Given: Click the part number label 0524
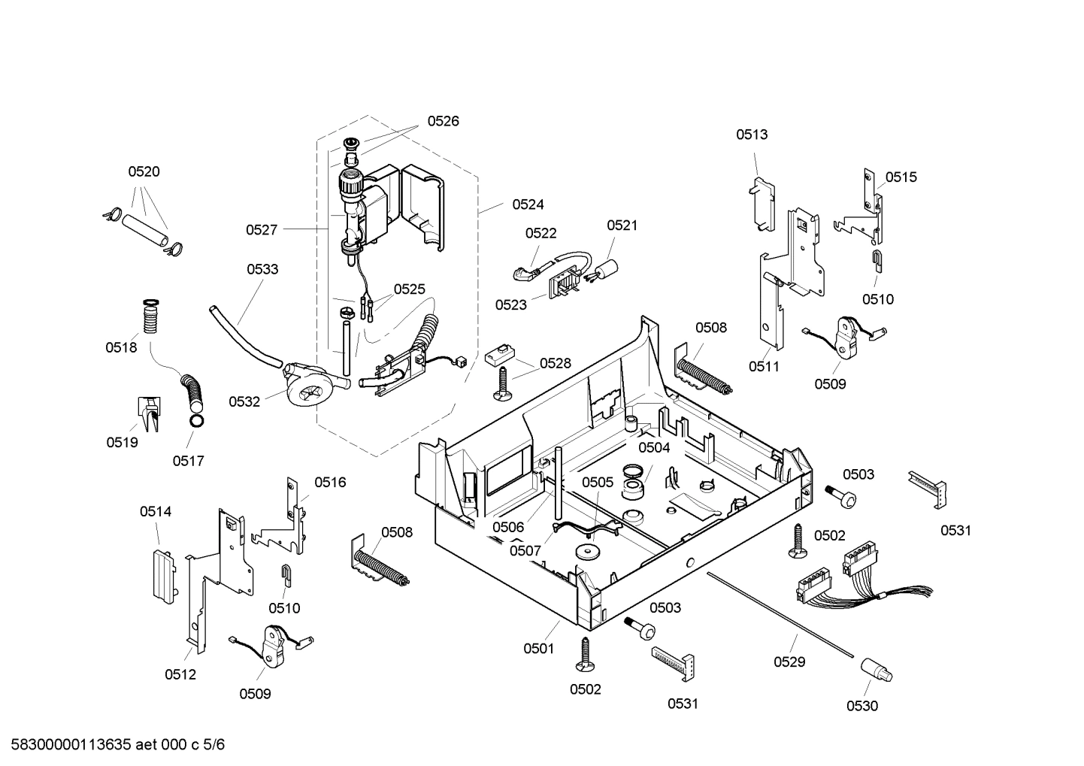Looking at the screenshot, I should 528,204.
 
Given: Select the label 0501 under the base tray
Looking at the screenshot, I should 538,648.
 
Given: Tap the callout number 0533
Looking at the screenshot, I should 262,269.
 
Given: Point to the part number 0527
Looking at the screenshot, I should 262,230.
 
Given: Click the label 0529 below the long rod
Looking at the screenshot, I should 789,662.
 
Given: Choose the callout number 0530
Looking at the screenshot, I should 861,705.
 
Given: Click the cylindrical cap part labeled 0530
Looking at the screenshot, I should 875,668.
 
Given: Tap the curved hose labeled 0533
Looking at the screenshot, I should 241,335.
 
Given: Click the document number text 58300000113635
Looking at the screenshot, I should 67,745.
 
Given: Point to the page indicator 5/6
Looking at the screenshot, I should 214,745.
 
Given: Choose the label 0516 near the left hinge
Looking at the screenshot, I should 330,482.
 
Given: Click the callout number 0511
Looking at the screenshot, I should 764,367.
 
